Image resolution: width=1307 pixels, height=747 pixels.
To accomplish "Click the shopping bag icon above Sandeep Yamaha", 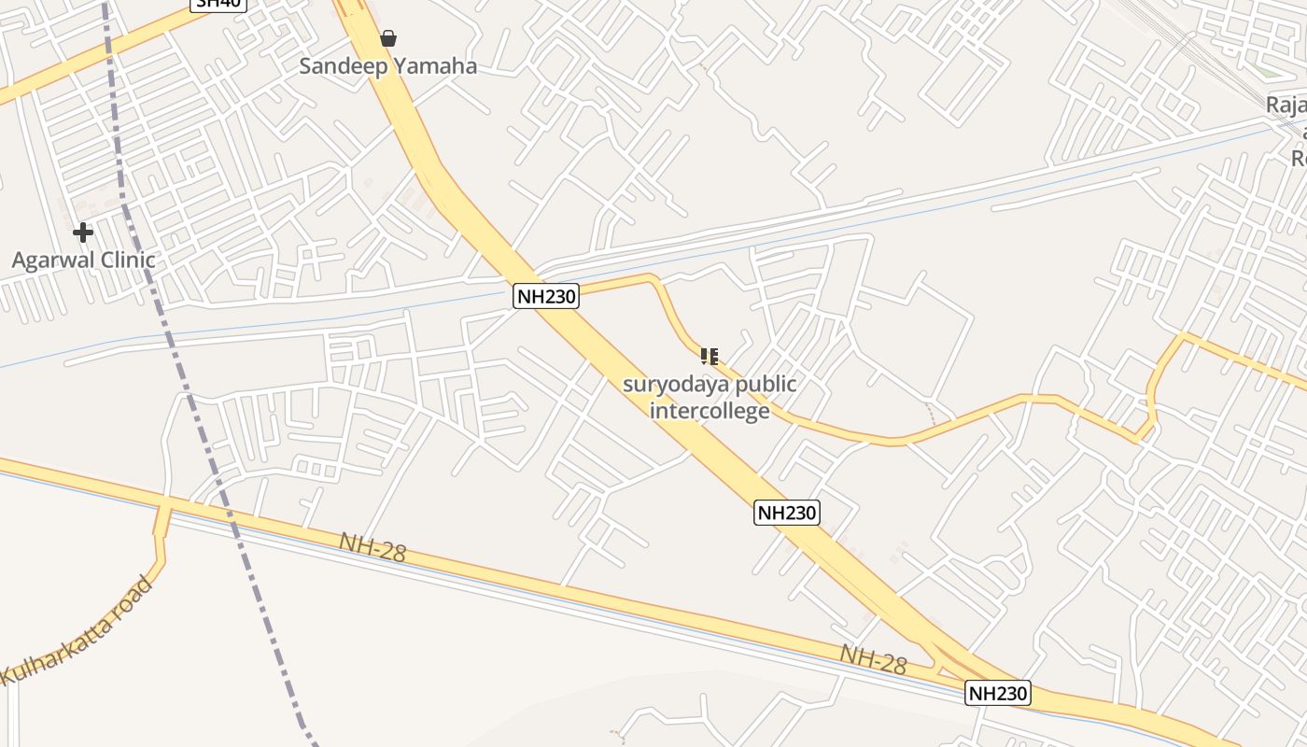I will click(x=388, y=38).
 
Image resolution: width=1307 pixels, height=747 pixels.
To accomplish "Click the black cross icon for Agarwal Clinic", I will click(x=83, y=232).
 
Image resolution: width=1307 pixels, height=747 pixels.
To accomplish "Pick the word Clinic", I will click(x=125, y=260).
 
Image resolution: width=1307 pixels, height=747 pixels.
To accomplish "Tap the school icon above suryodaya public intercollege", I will click(x=710, y=356).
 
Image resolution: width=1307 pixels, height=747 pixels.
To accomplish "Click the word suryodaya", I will click(x=669, y=384).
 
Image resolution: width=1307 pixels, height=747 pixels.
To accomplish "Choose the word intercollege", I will click(x=710, y=410).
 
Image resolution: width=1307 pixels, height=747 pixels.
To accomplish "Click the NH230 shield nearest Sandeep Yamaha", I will click(x=546, y=297).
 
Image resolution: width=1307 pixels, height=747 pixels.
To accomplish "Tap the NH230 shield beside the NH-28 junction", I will click(x=998, y=694).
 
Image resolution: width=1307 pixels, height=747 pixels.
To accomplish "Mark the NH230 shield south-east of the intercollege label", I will click(x=787, y=513).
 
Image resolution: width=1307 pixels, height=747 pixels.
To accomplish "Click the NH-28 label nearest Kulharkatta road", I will click(x=372, y=548).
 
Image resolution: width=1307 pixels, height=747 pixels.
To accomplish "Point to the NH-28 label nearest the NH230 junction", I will click(x=873, y=659).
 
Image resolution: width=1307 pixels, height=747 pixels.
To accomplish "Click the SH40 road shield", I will click(x=218, y=4).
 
